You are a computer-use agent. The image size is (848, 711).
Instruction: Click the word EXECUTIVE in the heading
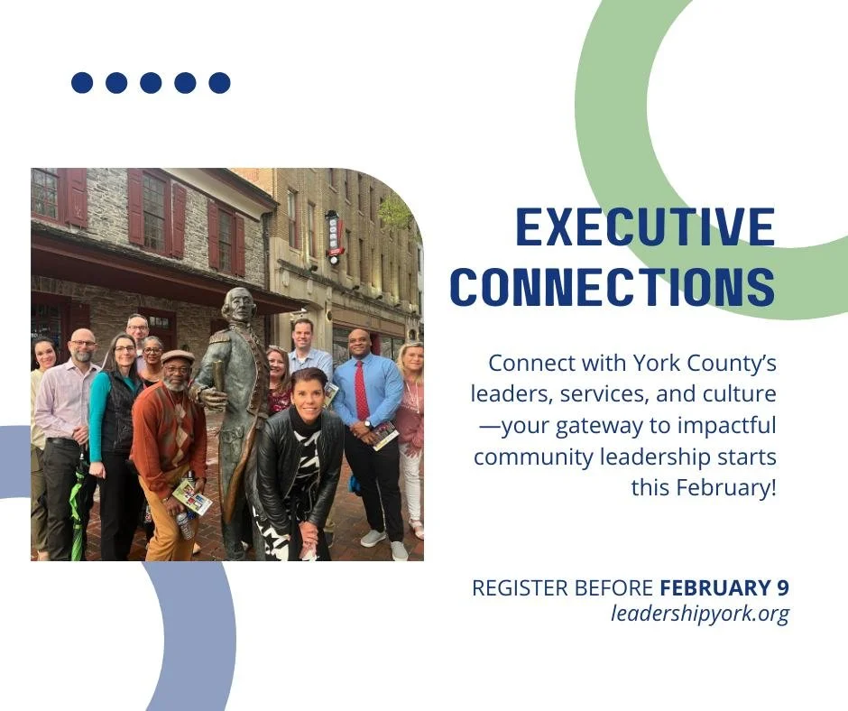645,227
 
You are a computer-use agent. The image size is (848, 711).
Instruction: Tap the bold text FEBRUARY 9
724,588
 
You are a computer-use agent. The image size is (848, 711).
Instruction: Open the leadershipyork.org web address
700,614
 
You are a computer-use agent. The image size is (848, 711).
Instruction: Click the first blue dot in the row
82,83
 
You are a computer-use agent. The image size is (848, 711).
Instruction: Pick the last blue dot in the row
219,83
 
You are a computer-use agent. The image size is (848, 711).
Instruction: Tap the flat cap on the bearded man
178,356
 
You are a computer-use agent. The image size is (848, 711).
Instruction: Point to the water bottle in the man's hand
185,524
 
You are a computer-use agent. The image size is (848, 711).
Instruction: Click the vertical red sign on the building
334,237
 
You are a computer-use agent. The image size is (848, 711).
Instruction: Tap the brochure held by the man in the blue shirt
385,436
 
